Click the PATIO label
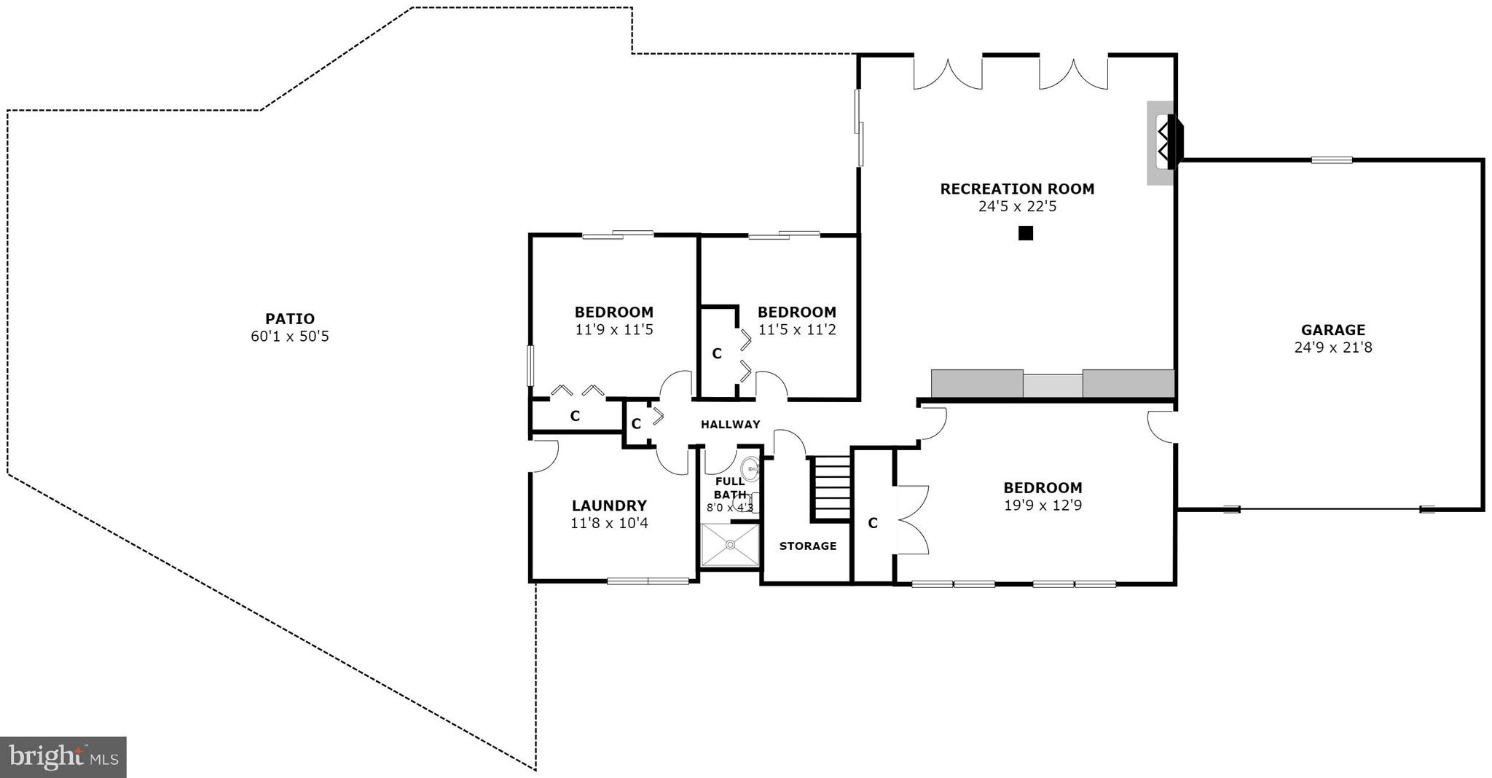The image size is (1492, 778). [x=289, y=318]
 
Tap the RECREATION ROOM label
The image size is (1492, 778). [x=1017, y=189]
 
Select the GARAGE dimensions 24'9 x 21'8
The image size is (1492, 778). [x=1332, y=347]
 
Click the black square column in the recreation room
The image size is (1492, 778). [x=1025, y=233]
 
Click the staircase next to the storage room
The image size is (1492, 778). [x=831, y=487]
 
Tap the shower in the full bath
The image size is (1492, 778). [x=729, y=543]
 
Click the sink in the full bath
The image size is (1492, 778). [x=750, y=468]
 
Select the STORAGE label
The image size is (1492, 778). [x=807, y=546]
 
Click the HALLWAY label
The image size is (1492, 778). [x=730, y=424]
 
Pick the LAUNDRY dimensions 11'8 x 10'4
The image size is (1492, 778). [x=609, y=523]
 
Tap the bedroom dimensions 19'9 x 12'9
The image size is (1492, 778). [x=1043, y=506]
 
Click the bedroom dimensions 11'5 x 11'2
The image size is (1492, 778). [x=796, y=330]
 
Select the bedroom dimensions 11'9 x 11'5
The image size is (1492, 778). [x=613, y=330]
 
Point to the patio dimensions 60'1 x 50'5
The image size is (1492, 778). [x=289, y=337]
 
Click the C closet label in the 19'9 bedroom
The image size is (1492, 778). [x=872, y=523]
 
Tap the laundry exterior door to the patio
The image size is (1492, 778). [x=543, y=455]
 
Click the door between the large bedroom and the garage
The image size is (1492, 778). [x=1162, y=427]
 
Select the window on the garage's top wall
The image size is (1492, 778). [x=1331, y=160]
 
